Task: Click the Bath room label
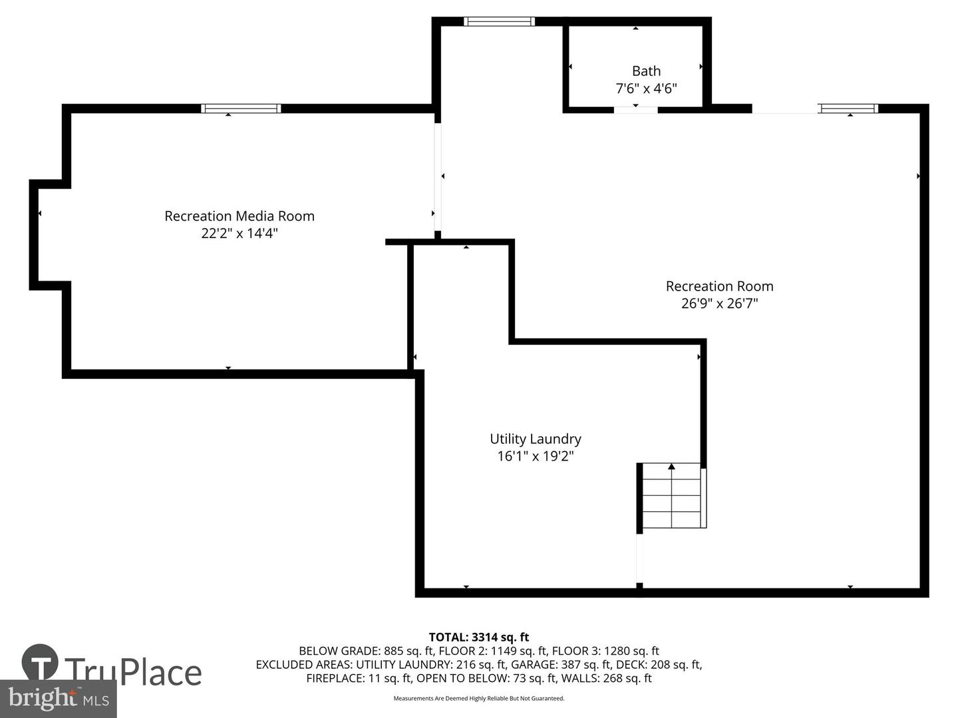pos(646,70)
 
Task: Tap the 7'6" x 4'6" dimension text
pos(646,88)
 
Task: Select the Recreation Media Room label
pos(239,216)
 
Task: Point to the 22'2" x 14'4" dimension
pos(239,233)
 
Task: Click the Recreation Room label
pos(719,286)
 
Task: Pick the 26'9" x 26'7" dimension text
pos(719,303)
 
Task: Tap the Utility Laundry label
pos(535,439)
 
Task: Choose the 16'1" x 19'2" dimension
pos(535,456)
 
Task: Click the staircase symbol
pos(671,496)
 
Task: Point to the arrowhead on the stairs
pos(671,467)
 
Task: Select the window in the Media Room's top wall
pos(240,108)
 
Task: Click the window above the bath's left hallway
pos(499,21)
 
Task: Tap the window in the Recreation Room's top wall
pos(848,108)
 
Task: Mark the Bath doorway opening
pos(635,109)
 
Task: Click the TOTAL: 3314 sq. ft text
pos(479,638)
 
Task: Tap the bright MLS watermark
pos(58,699)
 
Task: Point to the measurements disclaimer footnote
pos(479,698)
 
